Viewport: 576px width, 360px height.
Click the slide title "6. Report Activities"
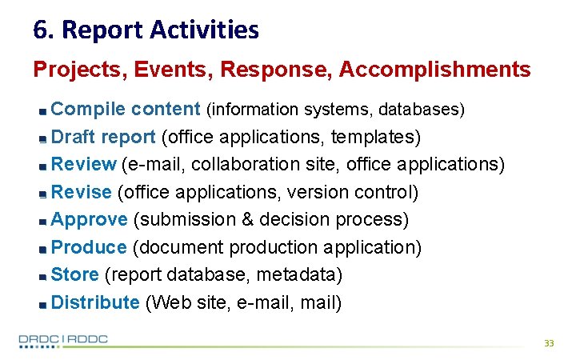(146, 30)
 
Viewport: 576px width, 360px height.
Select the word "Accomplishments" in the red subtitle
(434, 70)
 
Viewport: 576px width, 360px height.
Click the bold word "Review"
(83, 165)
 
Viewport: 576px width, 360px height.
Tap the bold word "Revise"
(81, 192)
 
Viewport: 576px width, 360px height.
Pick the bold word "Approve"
(89, 219)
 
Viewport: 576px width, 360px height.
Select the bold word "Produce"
(88, 247)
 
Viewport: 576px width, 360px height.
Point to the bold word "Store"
(74, 275)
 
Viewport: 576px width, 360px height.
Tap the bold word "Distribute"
(95, 302)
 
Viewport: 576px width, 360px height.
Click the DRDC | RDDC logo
(64, 340)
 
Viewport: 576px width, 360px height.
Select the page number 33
(548, 342)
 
